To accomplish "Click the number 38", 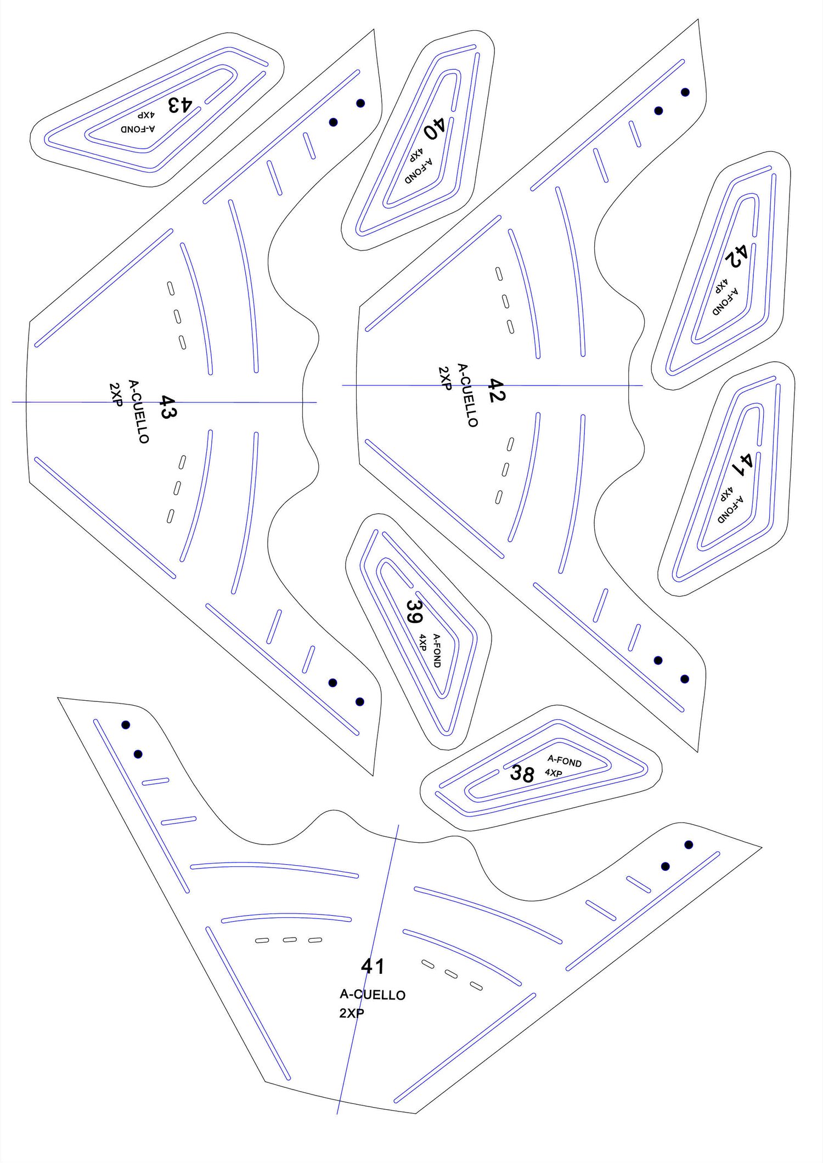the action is pyautogui.click(x=522, y=773).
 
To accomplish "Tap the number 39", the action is pyautogui.click(x=414, y=611).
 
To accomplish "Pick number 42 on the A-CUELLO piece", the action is pyautogui.click(x=495, y=390).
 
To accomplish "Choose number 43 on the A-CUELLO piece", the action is pyautogui.click(x=167, y=407).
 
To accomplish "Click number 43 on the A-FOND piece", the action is pyautogui.click(x=180, y=105).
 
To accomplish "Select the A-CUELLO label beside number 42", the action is pyautogui.click(x=467, y=395).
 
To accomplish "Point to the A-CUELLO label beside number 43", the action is pyautogui.click(x=138, y=411).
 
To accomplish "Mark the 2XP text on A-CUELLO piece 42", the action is pyautogui.click(x=444, y=378).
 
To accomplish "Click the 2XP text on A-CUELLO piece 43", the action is pyautogui.click(x=115, y=395).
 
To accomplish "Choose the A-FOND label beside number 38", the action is pyautogui.click(x=565, y=761).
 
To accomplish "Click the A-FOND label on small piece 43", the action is pyautogui.click(x=138, y=129).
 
